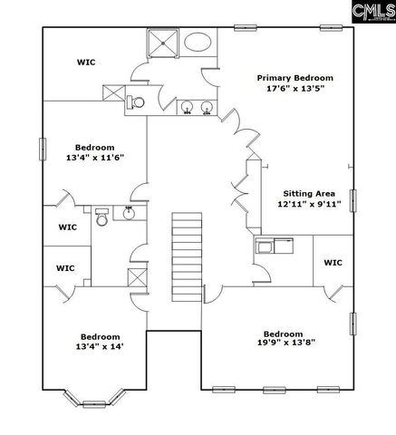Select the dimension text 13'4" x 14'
[x=94, y=346]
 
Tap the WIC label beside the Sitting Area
[x=333, y=264]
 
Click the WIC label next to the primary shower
[x=86, y=62]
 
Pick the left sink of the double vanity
[x=188, y=107]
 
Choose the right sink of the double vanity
[x=208, y=107]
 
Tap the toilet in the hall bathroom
[x=101, y=218]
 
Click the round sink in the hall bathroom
[x=129, y=214]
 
